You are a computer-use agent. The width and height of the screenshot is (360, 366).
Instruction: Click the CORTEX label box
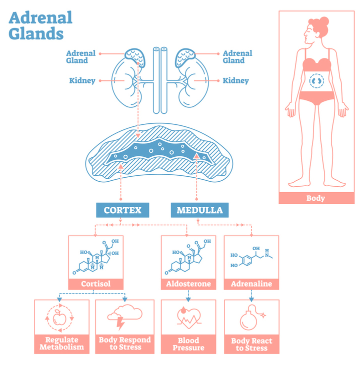[122, 210]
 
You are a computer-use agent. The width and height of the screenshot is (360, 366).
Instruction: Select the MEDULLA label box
[200, 210]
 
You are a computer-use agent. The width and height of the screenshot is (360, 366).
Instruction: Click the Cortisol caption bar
[95, 284]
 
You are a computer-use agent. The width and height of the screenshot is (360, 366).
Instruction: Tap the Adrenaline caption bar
[251, 284]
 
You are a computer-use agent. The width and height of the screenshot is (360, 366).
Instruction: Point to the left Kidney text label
[82, 80]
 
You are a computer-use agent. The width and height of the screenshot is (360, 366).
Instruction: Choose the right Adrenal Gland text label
[237, 57]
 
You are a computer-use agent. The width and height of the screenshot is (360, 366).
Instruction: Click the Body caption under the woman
[315, 198]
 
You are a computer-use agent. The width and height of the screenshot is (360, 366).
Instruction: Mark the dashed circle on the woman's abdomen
[316, 80]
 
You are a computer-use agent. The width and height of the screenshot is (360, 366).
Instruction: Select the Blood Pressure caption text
[188, 344]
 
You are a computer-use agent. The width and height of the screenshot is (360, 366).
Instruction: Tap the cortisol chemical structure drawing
[95, 258]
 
